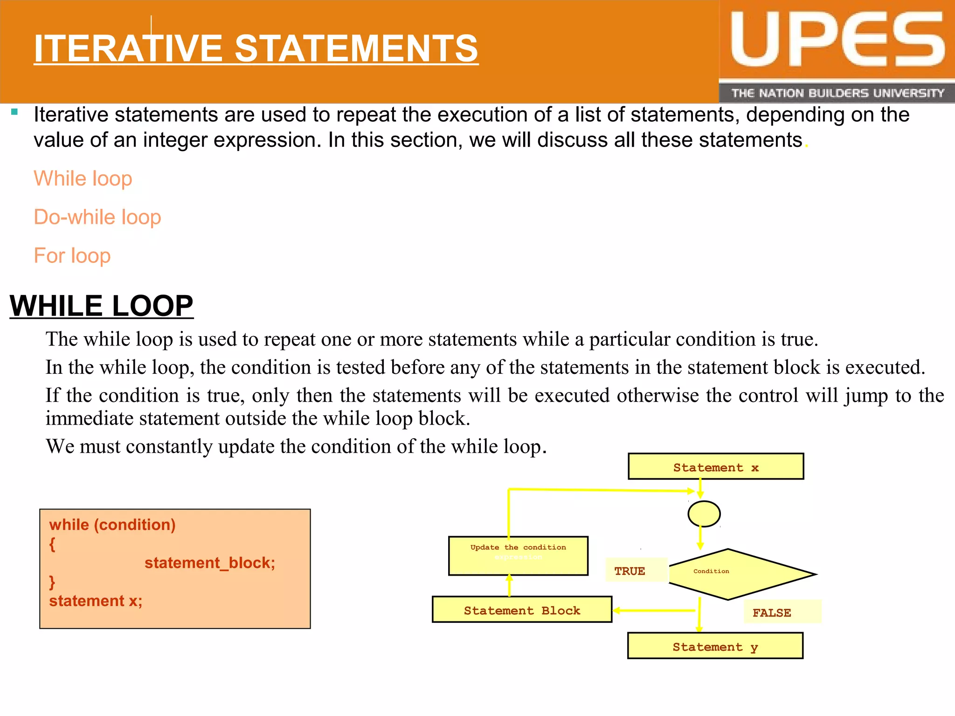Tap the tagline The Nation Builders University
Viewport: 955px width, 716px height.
[837, 93]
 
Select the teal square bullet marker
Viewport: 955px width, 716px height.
[14, 112]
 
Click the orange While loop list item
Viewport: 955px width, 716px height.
[83, 179]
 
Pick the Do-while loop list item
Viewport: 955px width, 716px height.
[97, 217]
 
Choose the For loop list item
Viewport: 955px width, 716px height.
[72, 256]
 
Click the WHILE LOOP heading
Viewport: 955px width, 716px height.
[101, 306]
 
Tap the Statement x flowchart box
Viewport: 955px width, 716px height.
[716, 467]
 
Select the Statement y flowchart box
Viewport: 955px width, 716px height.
[715, 646]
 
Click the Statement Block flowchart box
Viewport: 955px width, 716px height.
[522, 610]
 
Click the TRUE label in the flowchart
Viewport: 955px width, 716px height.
[630, 571]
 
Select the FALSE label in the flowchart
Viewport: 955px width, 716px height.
[772, 613]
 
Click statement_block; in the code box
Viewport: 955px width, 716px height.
[210, 563]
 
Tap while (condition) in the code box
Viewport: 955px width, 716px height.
[112, 525]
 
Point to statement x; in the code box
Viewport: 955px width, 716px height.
[96, 601]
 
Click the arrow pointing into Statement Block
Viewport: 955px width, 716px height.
[653, 610]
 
